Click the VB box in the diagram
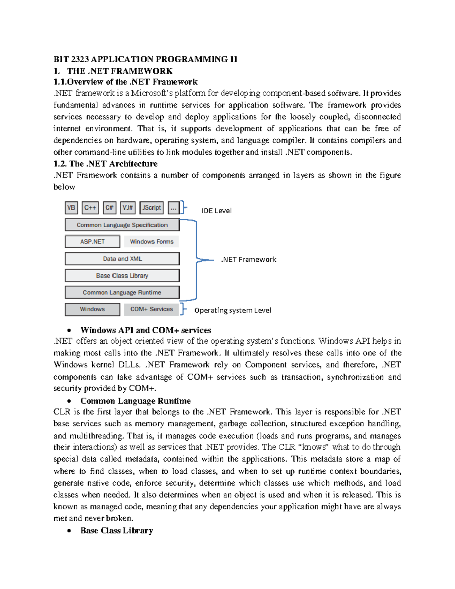pos(71,208)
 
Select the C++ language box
pos(90,208)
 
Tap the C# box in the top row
pos(110,208)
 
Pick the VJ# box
pos(128,208)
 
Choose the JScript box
pos(151,208)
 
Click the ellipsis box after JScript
pos(174,208)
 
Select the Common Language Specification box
pos(122,225)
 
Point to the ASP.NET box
pos(93,242)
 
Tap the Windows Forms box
pos(151,242)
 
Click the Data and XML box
pos(122,259)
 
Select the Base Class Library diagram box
pos(122,276)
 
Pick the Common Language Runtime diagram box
pos(122,292)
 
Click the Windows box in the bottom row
pos(93,309)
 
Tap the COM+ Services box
pos(151,309)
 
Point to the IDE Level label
pos(217,211)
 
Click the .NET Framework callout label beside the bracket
pos(249,259)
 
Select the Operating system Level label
pos(233,310)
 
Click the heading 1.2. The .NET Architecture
pos(105,164)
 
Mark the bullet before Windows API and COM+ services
pos(69,330)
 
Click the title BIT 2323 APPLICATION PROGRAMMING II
pos(145,59)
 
